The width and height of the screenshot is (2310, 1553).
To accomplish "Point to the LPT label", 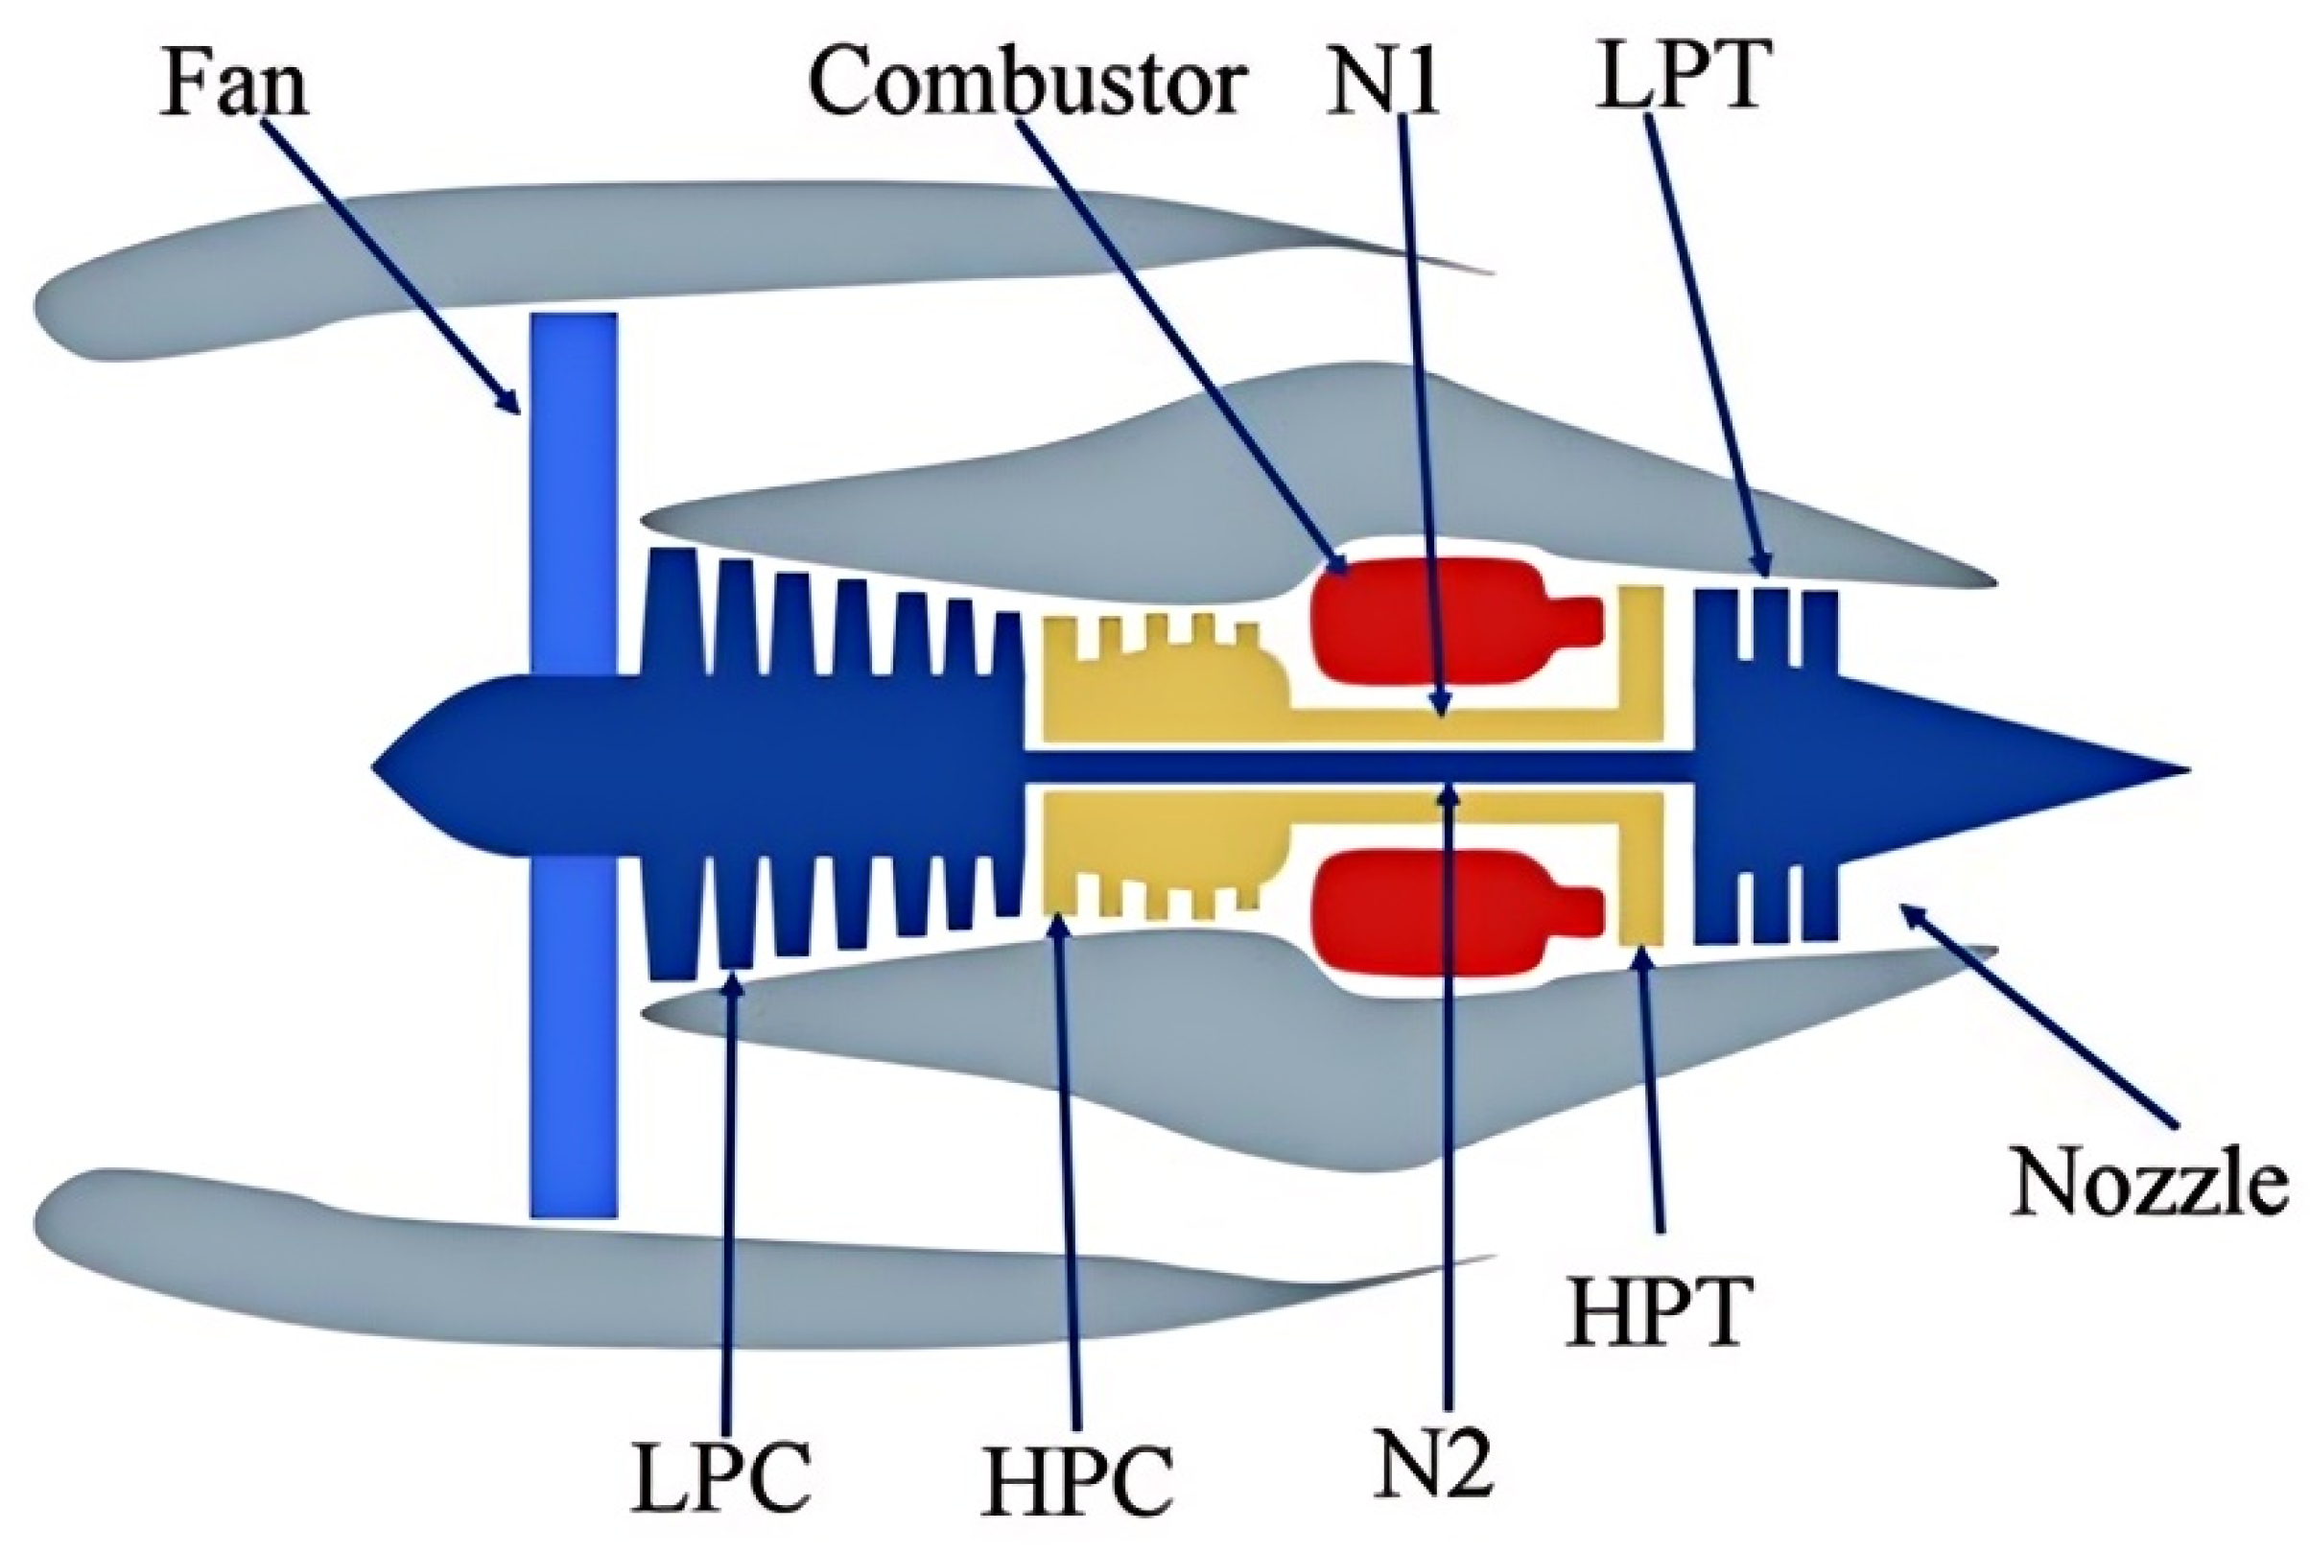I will (x=1681, y=75).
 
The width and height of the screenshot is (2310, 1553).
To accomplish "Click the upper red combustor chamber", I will (x=1426, y=620).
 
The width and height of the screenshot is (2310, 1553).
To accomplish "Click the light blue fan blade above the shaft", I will (x=574, y=485).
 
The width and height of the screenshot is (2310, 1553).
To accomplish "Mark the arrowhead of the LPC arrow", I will (x=734, y=981).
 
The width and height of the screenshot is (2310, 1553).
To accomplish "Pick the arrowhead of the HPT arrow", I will (x=1641, y=953).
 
